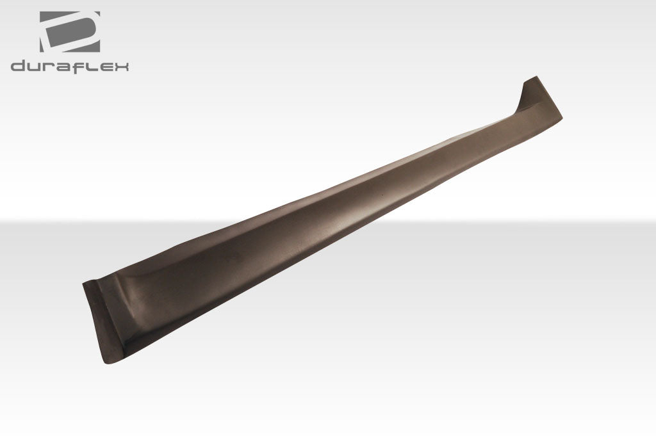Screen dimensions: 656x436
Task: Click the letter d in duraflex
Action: [18, 67]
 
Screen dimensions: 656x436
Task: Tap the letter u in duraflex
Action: [35, 67]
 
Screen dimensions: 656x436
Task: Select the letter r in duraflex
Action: [49, 67]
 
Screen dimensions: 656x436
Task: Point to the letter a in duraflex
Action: [62, 67]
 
